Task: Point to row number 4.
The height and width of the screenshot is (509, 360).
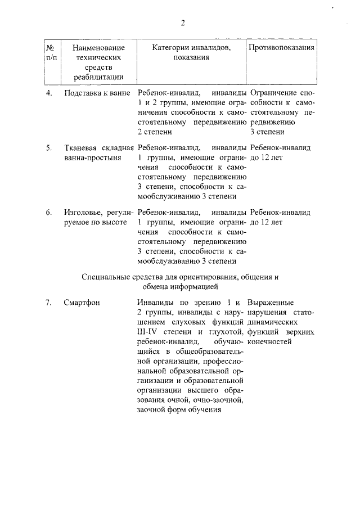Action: coord(49,92)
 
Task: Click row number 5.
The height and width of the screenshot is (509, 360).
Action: coord(49,148)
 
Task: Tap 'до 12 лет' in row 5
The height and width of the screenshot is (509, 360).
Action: coord(266,158)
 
